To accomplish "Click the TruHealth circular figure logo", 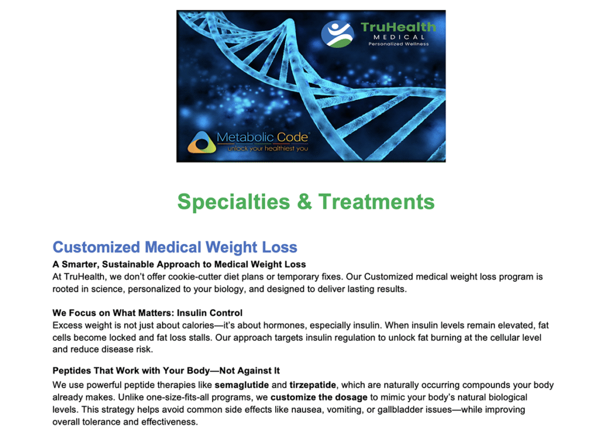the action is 337,34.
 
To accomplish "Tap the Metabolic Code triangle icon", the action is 202,142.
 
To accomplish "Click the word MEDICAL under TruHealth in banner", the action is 399,37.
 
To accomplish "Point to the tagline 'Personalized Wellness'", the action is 398,44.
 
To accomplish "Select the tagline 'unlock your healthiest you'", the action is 268,148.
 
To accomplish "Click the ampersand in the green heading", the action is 304,202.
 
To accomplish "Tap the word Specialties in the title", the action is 233,202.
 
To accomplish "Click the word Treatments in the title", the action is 376,202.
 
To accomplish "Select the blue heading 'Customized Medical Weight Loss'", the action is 175,247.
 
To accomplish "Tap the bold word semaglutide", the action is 241,385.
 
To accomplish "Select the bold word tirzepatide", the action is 312,385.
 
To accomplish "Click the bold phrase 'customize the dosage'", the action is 319,398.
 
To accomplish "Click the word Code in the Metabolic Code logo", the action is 292,137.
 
